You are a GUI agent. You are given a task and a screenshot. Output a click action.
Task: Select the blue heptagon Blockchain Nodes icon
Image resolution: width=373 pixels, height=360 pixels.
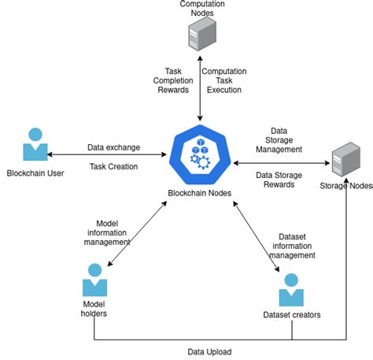(199, 154)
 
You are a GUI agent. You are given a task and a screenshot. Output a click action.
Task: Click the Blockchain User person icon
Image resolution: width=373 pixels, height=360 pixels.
(34, 144)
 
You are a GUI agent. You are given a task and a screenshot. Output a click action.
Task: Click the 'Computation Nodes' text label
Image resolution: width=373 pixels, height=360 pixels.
(202, 9)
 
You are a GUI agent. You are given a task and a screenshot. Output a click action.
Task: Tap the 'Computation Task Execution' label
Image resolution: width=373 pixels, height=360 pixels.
(224, 80)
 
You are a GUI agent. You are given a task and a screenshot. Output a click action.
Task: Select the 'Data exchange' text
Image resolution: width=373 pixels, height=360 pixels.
(114, 147)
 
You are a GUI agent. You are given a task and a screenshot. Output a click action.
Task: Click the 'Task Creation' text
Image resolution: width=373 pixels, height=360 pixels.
(113, 166)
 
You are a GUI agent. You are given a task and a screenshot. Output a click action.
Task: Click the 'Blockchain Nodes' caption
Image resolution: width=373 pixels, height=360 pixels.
(199, 193)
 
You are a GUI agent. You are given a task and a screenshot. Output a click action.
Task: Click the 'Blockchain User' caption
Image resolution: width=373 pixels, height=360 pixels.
(35, 173)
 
